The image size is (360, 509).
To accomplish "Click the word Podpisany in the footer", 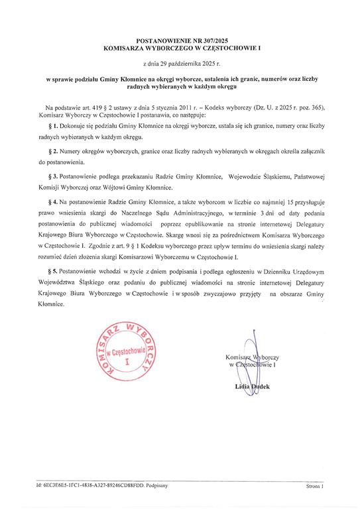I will (x=157, y=486).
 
